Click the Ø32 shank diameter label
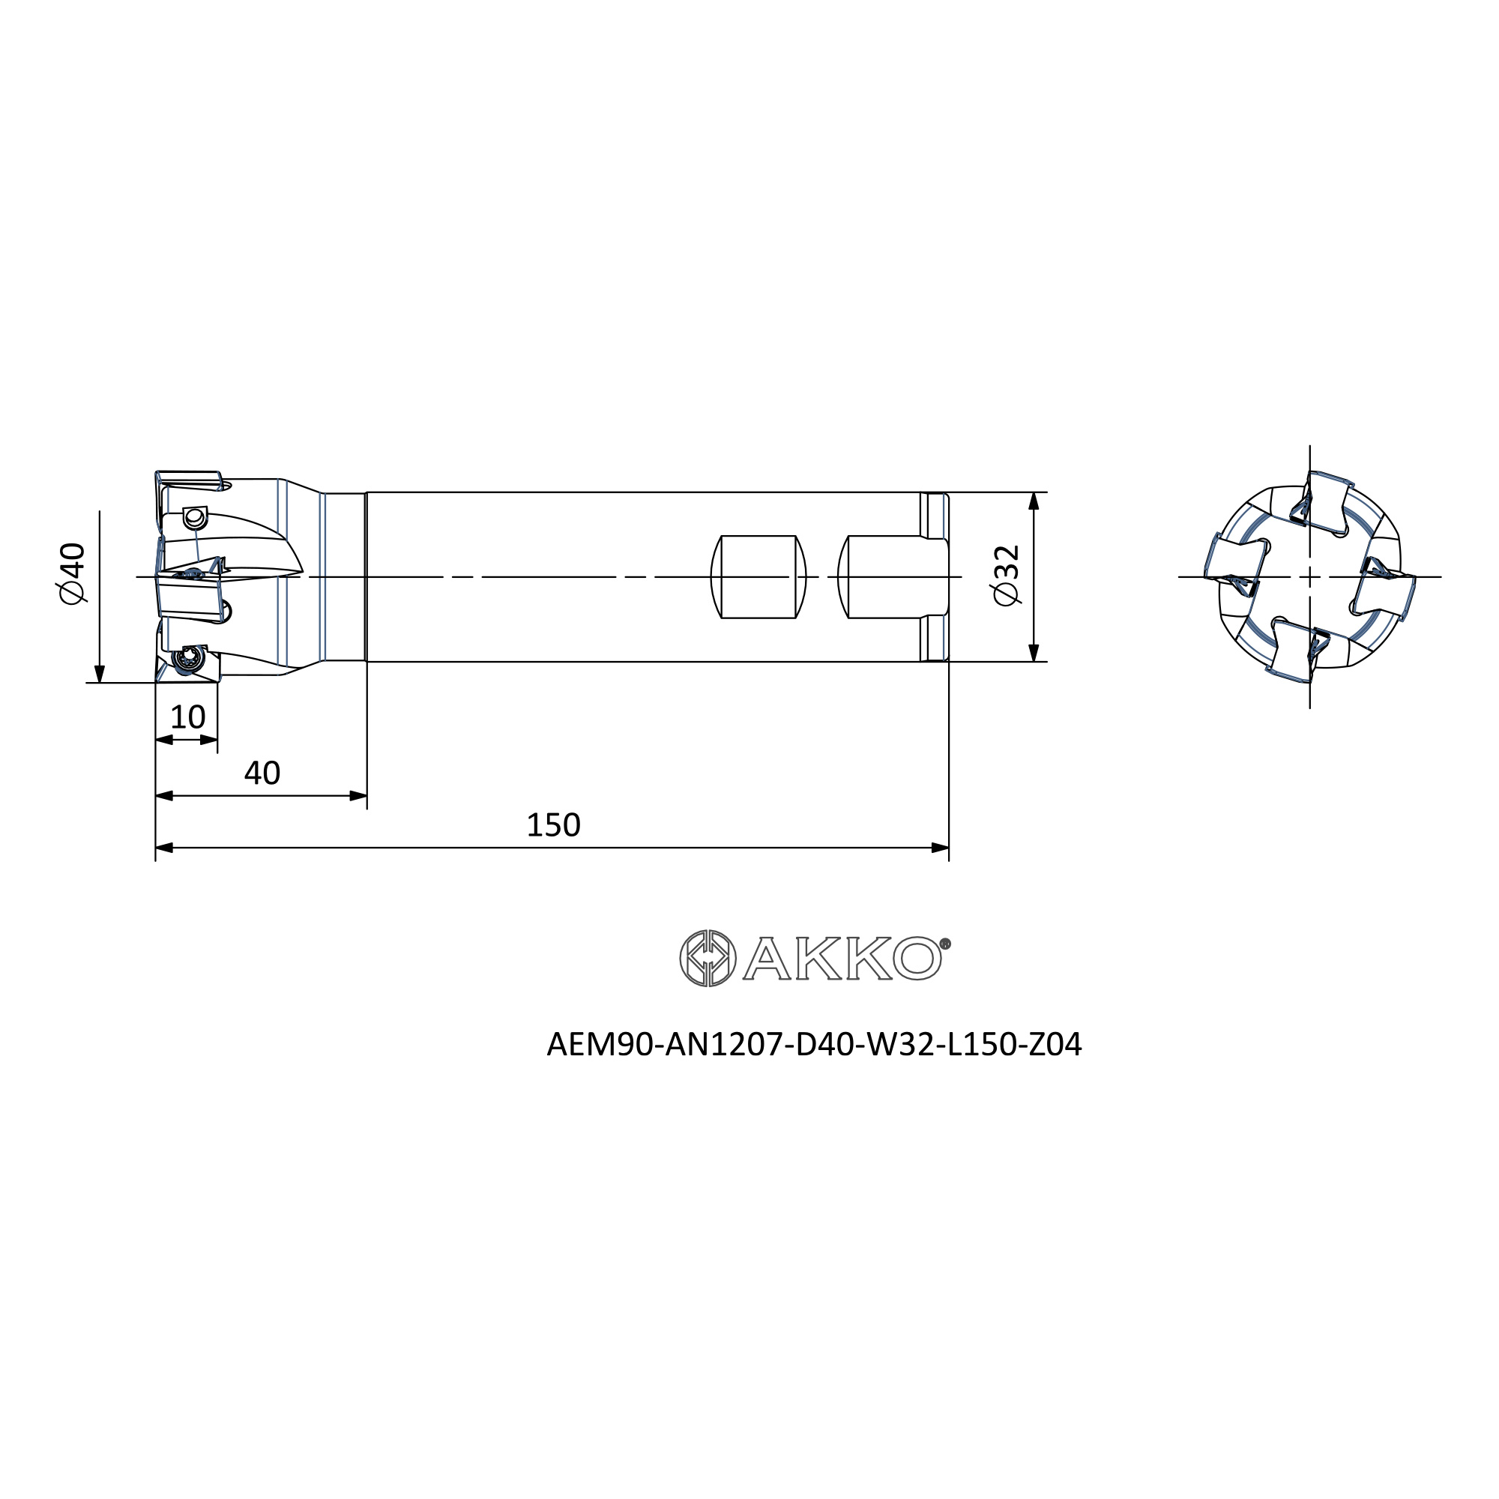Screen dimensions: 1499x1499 1007,576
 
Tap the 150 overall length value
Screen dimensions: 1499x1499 553,824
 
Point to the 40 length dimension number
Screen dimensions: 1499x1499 262,773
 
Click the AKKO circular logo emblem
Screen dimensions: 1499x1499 708,958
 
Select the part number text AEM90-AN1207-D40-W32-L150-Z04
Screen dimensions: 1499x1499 814,1044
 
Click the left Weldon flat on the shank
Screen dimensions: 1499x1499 758,576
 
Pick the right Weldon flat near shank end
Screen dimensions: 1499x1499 892,576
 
